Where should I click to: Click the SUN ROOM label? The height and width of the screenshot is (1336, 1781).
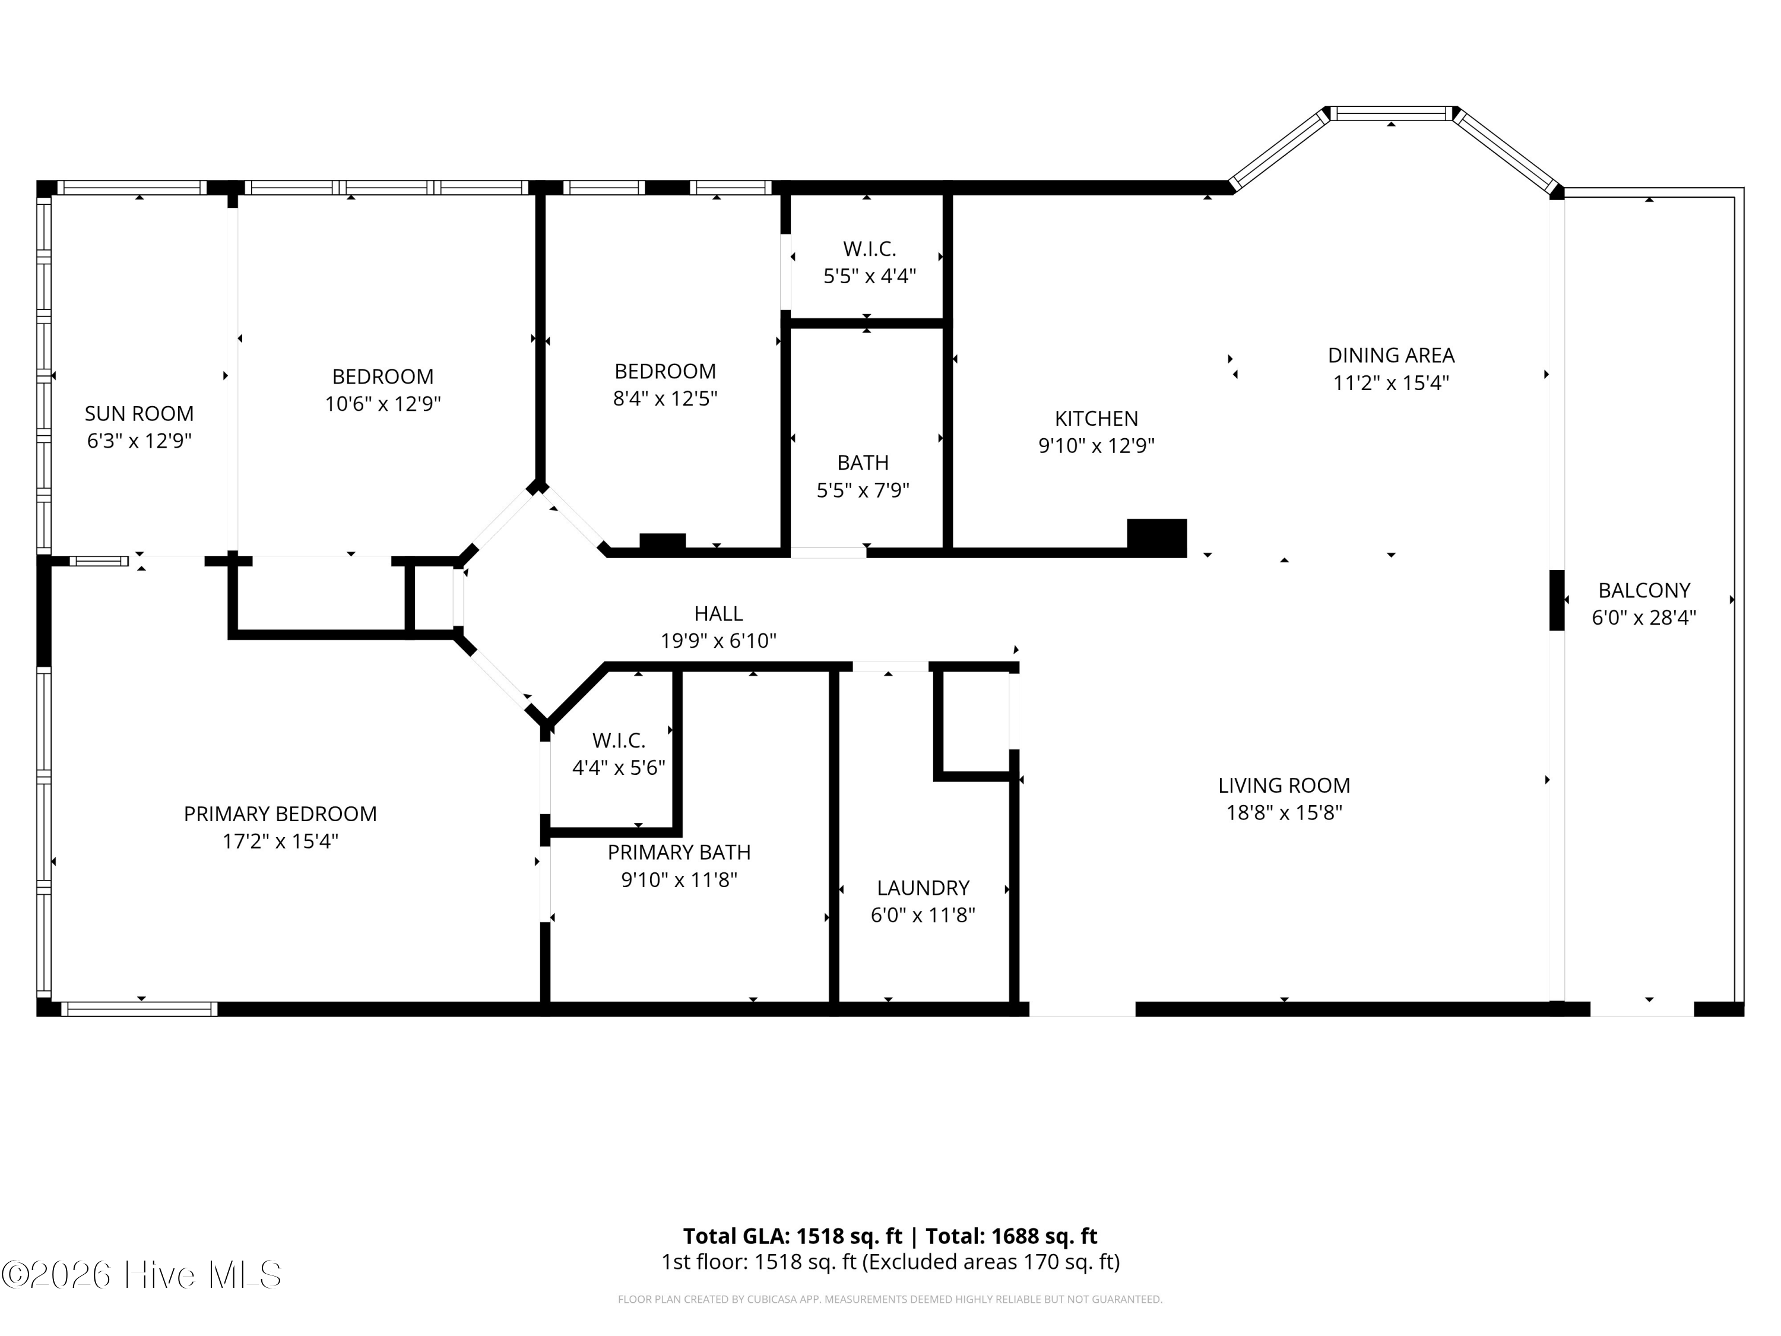(140, 414)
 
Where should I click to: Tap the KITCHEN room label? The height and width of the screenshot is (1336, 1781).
(1097, 419)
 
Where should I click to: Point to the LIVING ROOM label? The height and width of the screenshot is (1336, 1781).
(1284, 785)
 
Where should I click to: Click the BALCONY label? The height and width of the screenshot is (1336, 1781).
(1643, 590)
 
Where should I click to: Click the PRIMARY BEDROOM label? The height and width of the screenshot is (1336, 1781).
(280, 814)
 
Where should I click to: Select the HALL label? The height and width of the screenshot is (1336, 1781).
(718, 613)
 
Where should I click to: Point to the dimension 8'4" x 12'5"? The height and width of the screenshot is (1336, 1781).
(665, 398)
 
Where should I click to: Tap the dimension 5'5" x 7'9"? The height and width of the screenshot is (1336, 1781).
(863, 490)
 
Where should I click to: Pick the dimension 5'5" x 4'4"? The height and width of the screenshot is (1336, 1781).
(870, 276)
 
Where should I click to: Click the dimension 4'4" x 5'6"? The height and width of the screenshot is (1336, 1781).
(619, 767)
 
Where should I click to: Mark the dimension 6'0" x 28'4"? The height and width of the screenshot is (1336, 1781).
(1643, 618)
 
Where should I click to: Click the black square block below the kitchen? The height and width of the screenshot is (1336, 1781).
(1156, 538)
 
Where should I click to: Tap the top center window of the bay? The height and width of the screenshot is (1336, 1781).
(1392, 113)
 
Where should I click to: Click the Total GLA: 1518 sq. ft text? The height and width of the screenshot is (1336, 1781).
(793, 1236)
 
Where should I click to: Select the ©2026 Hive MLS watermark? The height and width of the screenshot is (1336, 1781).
(142, 1275)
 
